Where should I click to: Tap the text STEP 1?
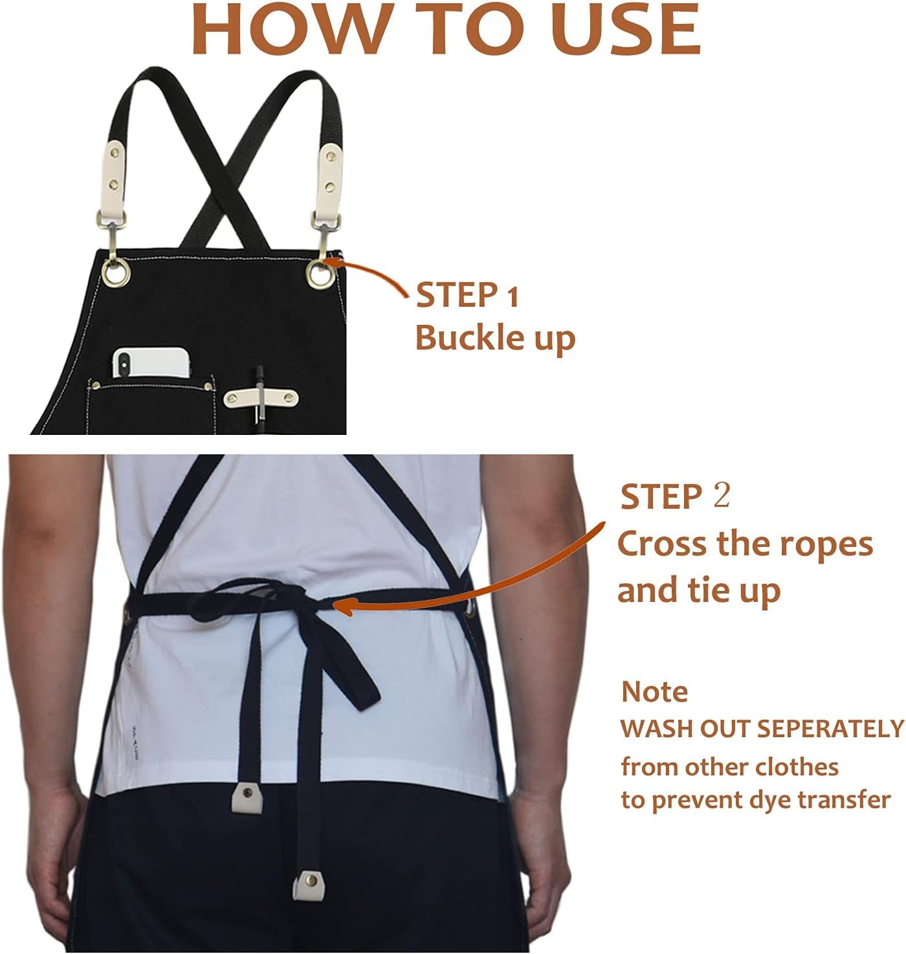click(467, 296)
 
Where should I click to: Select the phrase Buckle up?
click(494, 338)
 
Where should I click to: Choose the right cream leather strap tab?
click(329, 170)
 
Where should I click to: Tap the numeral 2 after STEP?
click(721, 496)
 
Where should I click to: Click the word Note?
click(654, 692)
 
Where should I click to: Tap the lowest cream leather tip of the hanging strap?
click(309, 885)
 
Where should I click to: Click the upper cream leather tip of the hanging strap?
click(247, 797)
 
